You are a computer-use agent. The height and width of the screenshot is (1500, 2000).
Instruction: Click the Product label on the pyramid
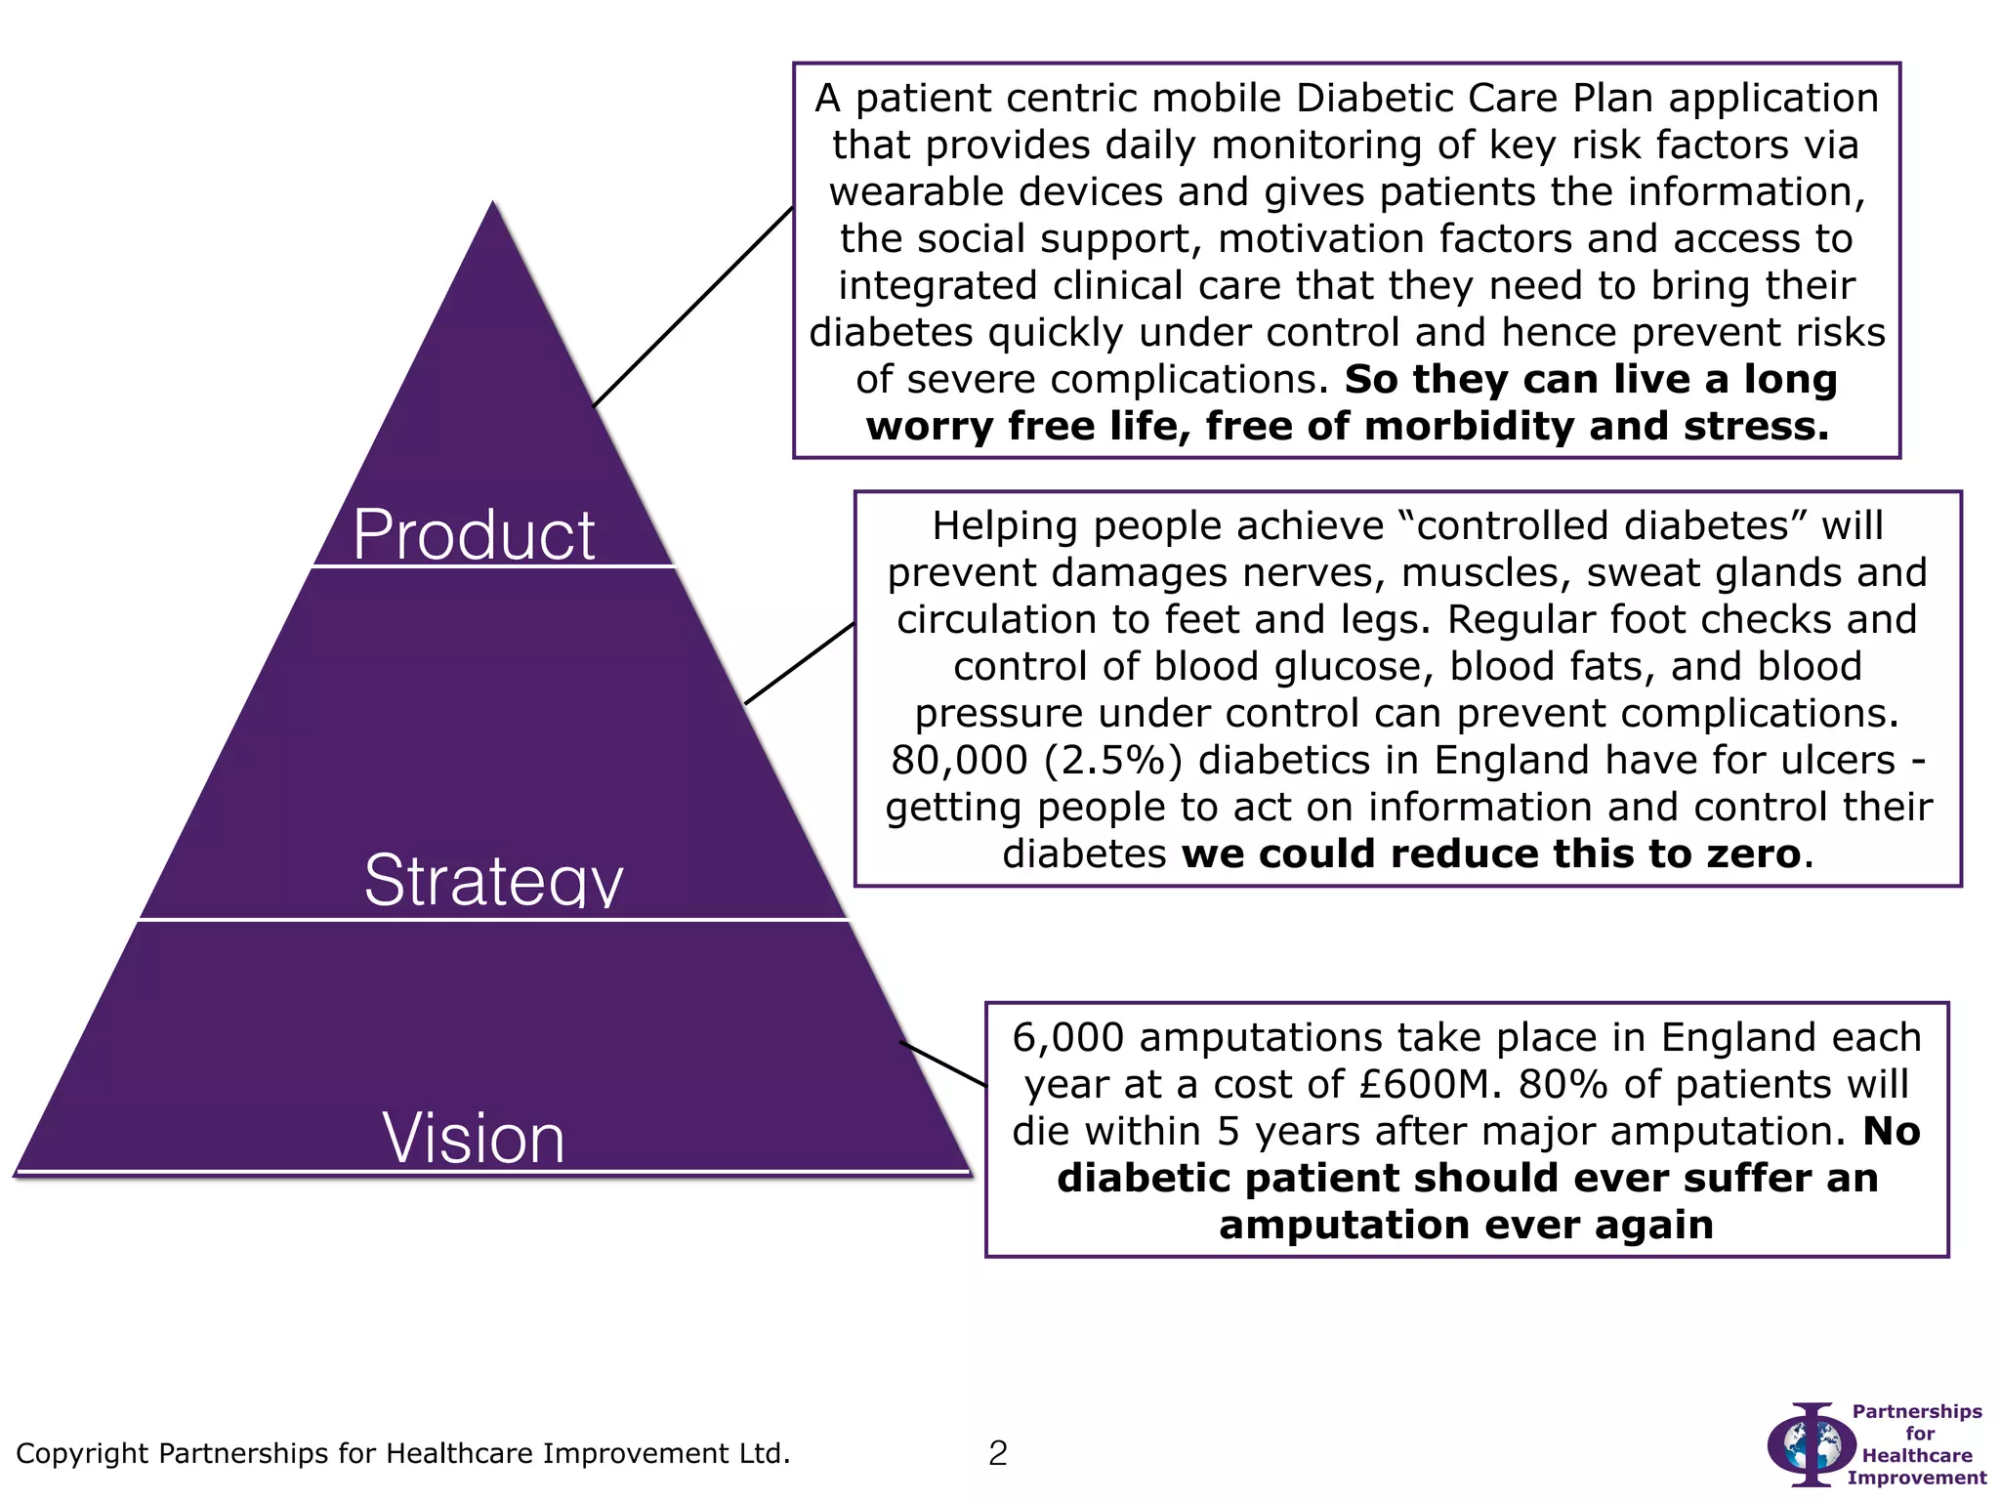[x=474, y=535]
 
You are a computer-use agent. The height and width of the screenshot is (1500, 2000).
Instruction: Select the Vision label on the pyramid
[x=474, y=1138]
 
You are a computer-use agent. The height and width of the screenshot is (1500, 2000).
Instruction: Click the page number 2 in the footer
[x=997, y=1454]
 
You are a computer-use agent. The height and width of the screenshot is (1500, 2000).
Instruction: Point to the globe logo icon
[x=1812, y=1444]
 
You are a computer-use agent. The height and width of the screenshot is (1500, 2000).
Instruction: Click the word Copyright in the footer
[x=83, y=1454]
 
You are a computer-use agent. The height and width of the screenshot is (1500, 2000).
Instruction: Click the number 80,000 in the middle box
[x=959, y=761]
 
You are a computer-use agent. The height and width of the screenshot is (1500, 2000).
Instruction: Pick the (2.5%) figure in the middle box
[x=1112, y=761]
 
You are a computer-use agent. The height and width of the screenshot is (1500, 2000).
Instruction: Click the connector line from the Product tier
[x=693, y=307]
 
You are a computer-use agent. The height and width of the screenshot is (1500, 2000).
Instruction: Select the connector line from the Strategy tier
[x=799, y=664]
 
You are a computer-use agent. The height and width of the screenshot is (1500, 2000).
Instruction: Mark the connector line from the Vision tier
[x=942, y=1063]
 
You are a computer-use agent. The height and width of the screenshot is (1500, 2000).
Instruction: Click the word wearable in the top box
[x=898, y=192]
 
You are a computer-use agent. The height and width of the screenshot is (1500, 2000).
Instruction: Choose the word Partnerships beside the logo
[x=1917, y=1411]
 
